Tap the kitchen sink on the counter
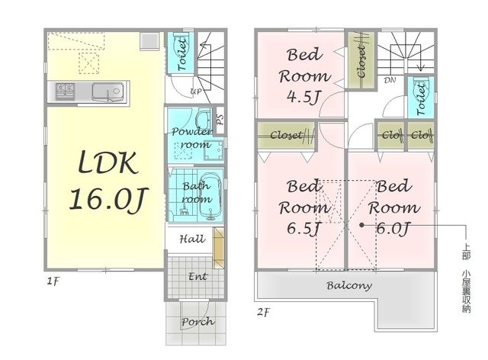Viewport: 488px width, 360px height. pyautogui.click(x=108, y=92)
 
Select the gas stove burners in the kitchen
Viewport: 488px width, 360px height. pyautogui.click(x=65, y=92)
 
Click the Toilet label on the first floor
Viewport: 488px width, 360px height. pyautogui.click(x=181, y=54)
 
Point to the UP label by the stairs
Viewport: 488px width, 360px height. pyautogui.click(x=196, y=92)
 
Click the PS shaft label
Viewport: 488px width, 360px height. pyautogui.click(x=220, y=120)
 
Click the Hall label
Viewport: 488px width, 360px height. pyautogui.click(x=192, y=239)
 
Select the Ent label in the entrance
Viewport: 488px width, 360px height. pyautogui.click(x=197, y=276)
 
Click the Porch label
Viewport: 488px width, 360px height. pyautogui.click(x=197, y=321)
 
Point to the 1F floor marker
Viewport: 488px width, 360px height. pyautogui.click(x=53, y=282)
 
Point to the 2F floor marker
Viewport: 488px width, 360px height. pyautogui.click(x=263, y=312)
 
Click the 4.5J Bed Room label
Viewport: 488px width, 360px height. pyautogui.click(x=304, y=76)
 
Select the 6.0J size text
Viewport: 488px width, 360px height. pyautogui.click(x=393, y=229)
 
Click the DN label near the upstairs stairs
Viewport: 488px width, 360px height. pyautogui.click(x=390, y=80)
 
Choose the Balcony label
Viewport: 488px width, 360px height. pyautogui.click(x=349, y=285)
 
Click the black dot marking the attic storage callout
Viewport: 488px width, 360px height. pyautogui.click(x=361, y=224)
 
